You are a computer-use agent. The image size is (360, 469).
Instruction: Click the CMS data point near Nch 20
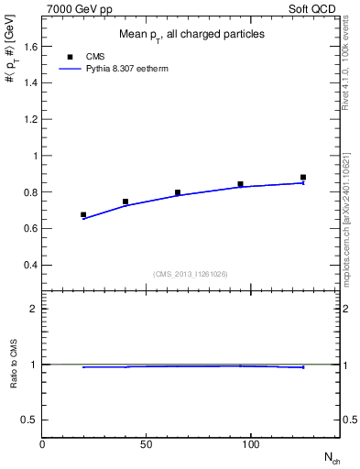83,215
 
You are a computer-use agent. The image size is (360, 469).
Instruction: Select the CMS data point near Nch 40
125,202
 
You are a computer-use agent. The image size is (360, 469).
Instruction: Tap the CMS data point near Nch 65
178,192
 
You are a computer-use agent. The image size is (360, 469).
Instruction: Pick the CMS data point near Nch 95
240,184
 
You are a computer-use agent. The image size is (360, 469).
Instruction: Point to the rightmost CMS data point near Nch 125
303,178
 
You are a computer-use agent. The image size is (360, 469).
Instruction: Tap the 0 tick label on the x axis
42,443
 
